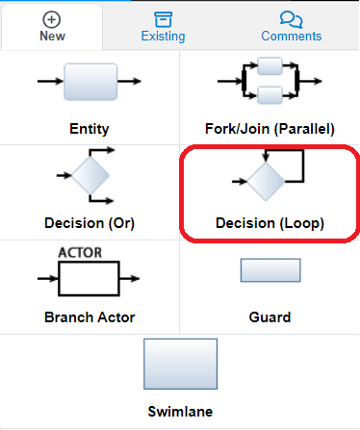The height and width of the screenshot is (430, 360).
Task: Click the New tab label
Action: (x=52, y=37)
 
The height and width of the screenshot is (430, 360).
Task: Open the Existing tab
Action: (x=163, y=37)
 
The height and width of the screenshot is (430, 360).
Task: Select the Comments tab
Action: (x=291, y=37)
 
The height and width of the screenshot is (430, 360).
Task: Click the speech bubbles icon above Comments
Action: (x=291, y=19)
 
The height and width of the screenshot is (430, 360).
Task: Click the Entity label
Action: (x=90, y=128)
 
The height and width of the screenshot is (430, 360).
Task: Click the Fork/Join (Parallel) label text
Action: (x=270, y=128)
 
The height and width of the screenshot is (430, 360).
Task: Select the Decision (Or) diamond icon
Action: (x=90, y=174)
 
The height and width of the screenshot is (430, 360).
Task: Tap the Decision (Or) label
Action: (x=90, y=222)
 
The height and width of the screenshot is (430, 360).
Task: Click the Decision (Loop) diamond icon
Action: (x=268, y=178)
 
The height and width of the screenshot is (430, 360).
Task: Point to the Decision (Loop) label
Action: (x=270, y=222)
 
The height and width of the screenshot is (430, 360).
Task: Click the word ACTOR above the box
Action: (x=81, y=253)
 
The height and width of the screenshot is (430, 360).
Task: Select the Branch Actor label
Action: (x=90, y=316)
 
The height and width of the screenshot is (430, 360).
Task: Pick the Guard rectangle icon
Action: (x=270, y=270)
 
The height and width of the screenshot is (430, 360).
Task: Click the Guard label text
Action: (x=270, y=316)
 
